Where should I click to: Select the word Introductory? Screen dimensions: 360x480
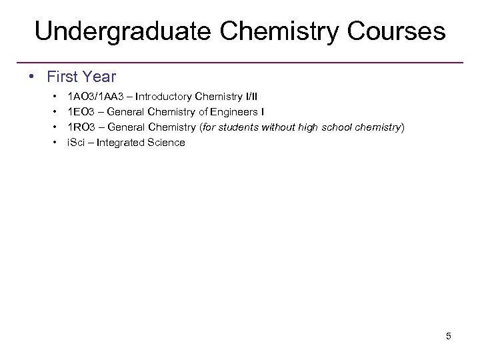click(164, 97)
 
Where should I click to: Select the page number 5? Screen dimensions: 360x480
click(448, 336)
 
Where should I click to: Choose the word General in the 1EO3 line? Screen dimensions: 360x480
click(127, 112)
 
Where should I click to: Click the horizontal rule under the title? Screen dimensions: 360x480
click(240, 63)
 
